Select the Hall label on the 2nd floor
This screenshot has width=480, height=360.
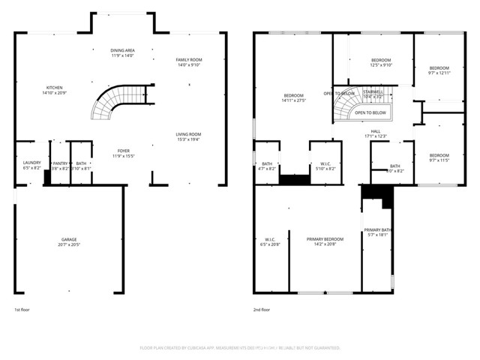pyautogui.click(x=375, y=133)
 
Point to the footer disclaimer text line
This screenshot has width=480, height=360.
pyautogui.click(x=240, y=348)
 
